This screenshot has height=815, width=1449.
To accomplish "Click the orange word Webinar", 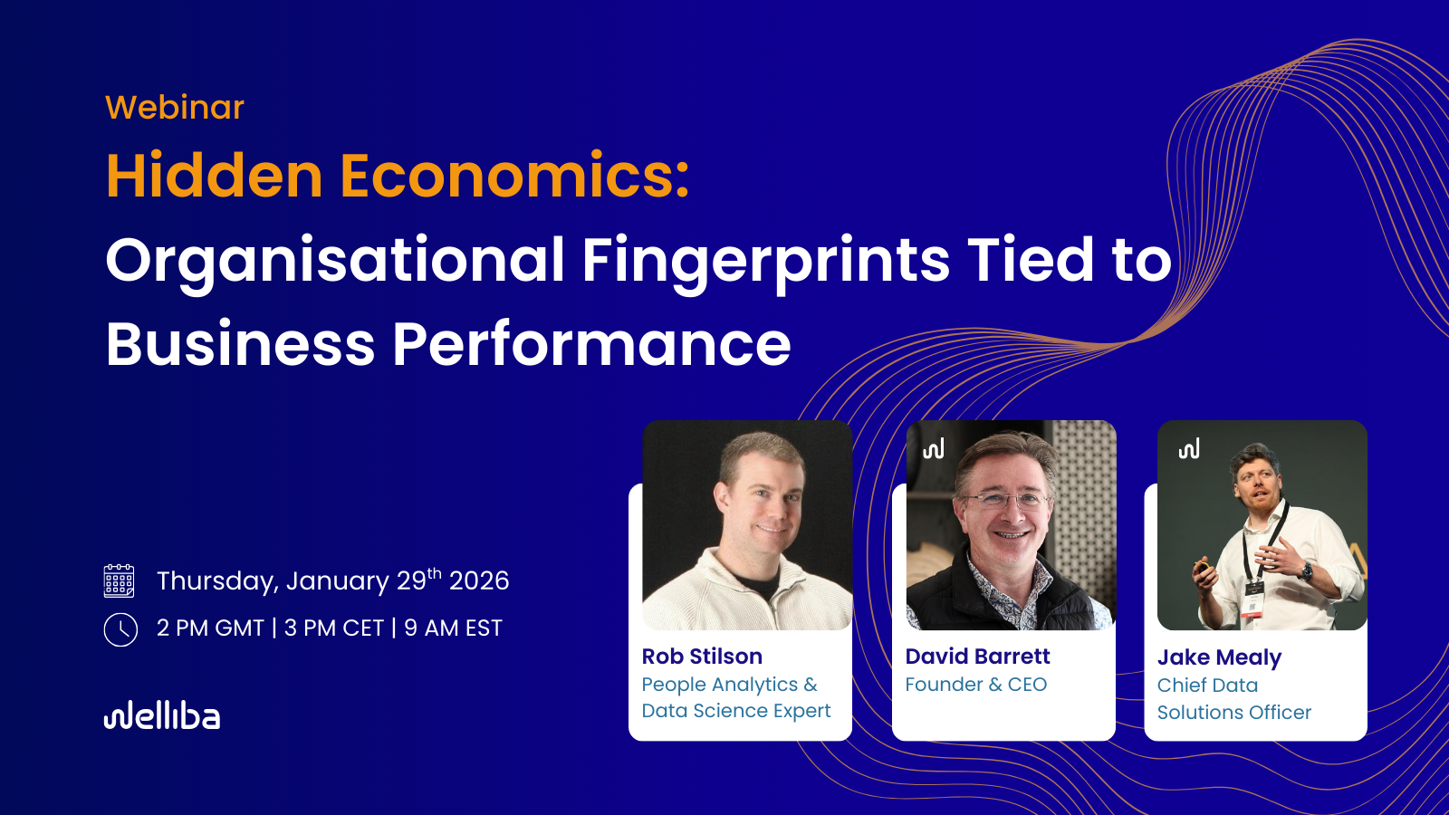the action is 175,108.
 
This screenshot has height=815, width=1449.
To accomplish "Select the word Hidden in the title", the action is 214,176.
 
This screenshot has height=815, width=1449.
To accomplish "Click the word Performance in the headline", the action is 592,343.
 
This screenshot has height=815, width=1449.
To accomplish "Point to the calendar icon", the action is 119,580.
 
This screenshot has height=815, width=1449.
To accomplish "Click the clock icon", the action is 120,629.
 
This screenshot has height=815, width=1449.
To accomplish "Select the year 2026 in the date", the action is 479,580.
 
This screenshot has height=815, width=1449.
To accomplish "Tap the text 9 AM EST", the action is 453,628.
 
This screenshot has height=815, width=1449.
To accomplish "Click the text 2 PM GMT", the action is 210,628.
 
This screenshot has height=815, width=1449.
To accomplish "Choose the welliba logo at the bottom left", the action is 162,715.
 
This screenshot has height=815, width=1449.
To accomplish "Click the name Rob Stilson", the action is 702,657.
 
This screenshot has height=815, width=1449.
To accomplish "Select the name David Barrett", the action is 977,657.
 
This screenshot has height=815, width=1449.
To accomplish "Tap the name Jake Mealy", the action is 1219,657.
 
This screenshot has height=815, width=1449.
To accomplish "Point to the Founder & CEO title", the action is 975,685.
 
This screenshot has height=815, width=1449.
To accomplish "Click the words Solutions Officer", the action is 1234,712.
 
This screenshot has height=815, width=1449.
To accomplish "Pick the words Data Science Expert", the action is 736,711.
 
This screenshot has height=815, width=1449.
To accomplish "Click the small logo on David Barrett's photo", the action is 934,448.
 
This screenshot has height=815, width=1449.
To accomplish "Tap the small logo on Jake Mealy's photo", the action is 1189,448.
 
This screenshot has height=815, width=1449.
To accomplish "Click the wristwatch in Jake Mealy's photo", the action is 1308,571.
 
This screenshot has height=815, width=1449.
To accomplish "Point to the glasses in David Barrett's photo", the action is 1007,500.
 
